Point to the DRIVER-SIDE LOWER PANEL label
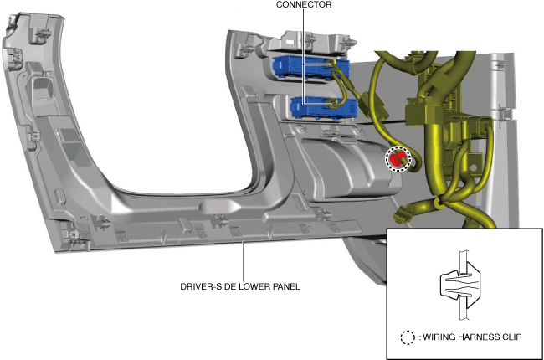tap(240, 286)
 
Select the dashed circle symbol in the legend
tap(407, 338)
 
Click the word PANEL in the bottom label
tap(285, 286)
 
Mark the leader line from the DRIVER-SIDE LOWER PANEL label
tap(243, 260)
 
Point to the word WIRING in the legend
tap(435, 338)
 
